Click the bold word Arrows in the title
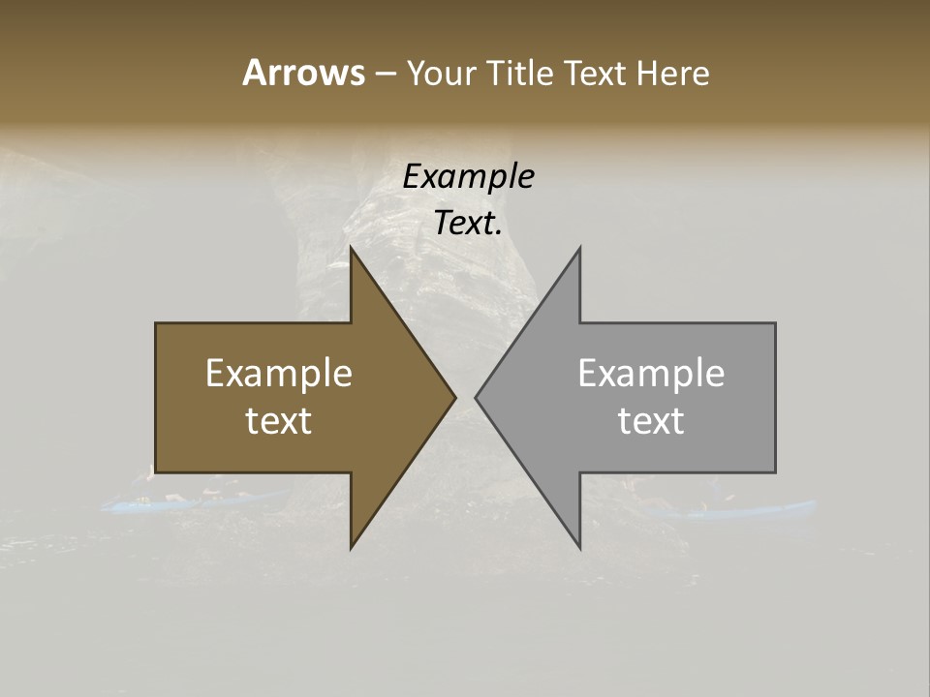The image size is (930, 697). pos(303,73)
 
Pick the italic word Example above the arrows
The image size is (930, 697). pos(468,177)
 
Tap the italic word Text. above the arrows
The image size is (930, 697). pos(468,224)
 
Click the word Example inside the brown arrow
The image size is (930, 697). pos(279,374)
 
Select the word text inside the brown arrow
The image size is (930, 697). pos(279,421)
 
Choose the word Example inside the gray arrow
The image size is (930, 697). pos(651,374)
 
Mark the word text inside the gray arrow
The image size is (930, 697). pos(651,421)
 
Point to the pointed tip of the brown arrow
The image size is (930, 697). pos(454,397)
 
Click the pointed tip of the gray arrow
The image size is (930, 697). pos(477,397)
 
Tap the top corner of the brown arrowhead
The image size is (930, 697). pos(352,249)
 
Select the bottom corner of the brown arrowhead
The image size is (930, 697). pos(352,547)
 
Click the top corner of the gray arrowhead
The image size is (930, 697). pos(579,249)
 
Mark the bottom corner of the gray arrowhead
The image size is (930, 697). pos(579,547)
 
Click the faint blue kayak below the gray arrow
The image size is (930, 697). pos(746,509)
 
